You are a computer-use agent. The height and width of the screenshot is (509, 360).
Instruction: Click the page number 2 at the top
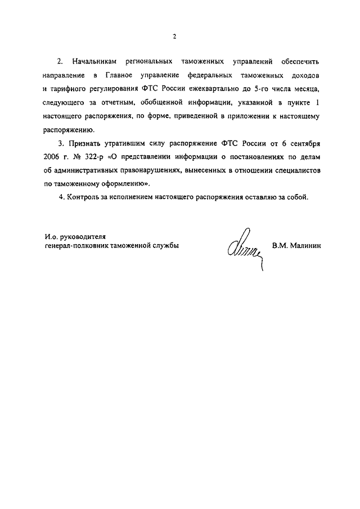175,37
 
